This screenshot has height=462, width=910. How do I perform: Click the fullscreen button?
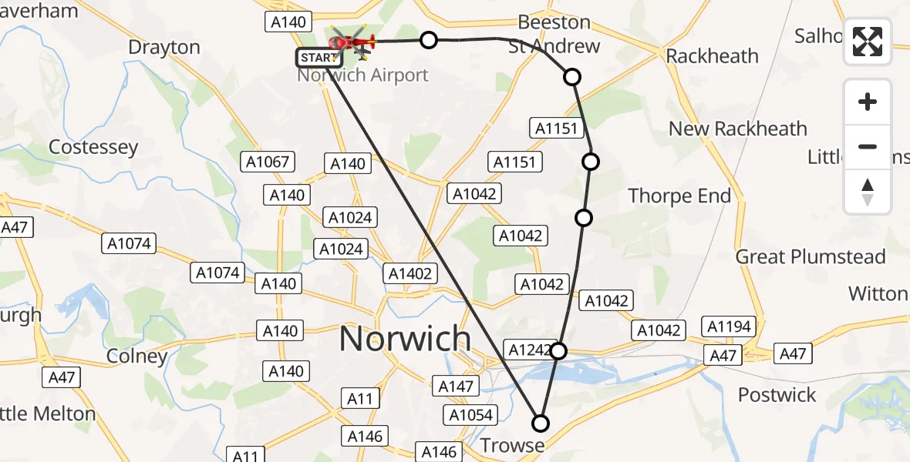pyautogui.click(x=868, y=42)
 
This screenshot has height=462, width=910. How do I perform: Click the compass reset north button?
pyautogui.click(x=868, y=192)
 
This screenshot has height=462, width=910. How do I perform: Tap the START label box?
pyautogui.click(x=319, y=58)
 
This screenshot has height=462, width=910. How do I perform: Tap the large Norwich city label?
pyautogui.click(x=405, y=339)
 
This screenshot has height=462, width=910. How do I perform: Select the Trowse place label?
pyautogui.click(x=512, y=446)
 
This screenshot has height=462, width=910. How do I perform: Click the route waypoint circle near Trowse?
pyautogui.click(x=541, y=423)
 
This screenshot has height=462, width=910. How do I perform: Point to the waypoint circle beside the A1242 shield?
pyautogui.click(x=558, y=351)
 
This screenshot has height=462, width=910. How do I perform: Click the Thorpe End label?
pyautogui.click(x=679, y=196)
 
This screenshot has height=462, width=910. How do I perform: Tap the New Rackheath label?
pyautogui.click(x=737, y=129)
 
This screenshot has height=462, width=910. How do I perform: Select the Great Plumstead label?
pyautogui.click(x=811, y=256)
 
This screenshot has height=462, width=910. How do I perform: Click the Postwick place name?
pyautogui.click(x=777, y=395)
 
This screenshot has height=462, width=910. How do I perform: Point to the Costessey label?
pyautogui.click(x=93, y=147)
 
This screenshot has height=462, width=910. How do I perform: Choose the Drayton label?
pyautogui.click(x=163, y=47)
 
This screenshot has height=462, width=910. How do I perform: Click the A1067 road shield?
pyautogui.click(x=268, y=162)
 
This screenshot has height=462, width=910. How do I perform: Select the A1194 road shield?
pyautogui.click(x=729, y=326)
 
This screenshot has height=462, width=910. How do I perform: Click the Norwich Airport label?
pyautogui.click(x=362, y=75)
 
